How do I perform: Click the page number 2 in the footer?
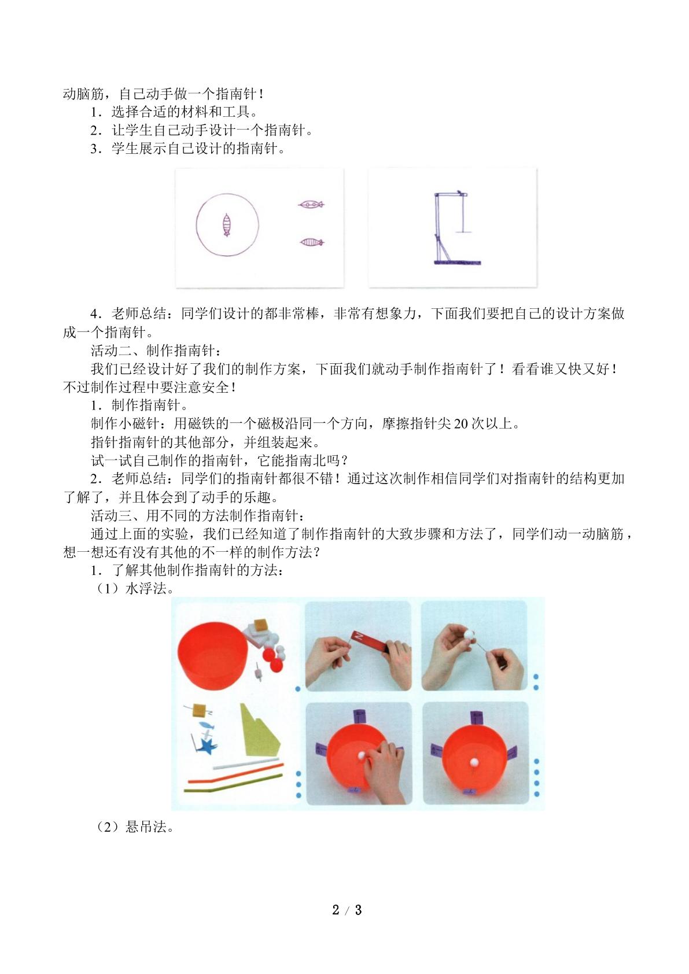click(336, 910)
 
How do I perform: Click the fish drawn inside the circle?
click(227, 225)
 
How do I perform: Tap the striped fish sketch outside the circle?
click(312, 242)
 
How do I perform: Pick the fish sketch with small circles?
click(311, 204)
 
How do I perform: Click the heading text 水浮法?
click(146, 589)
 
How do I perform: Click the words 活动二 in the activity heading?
click(111, 351)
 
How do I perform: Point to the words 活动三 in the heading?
click(111, 515)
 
